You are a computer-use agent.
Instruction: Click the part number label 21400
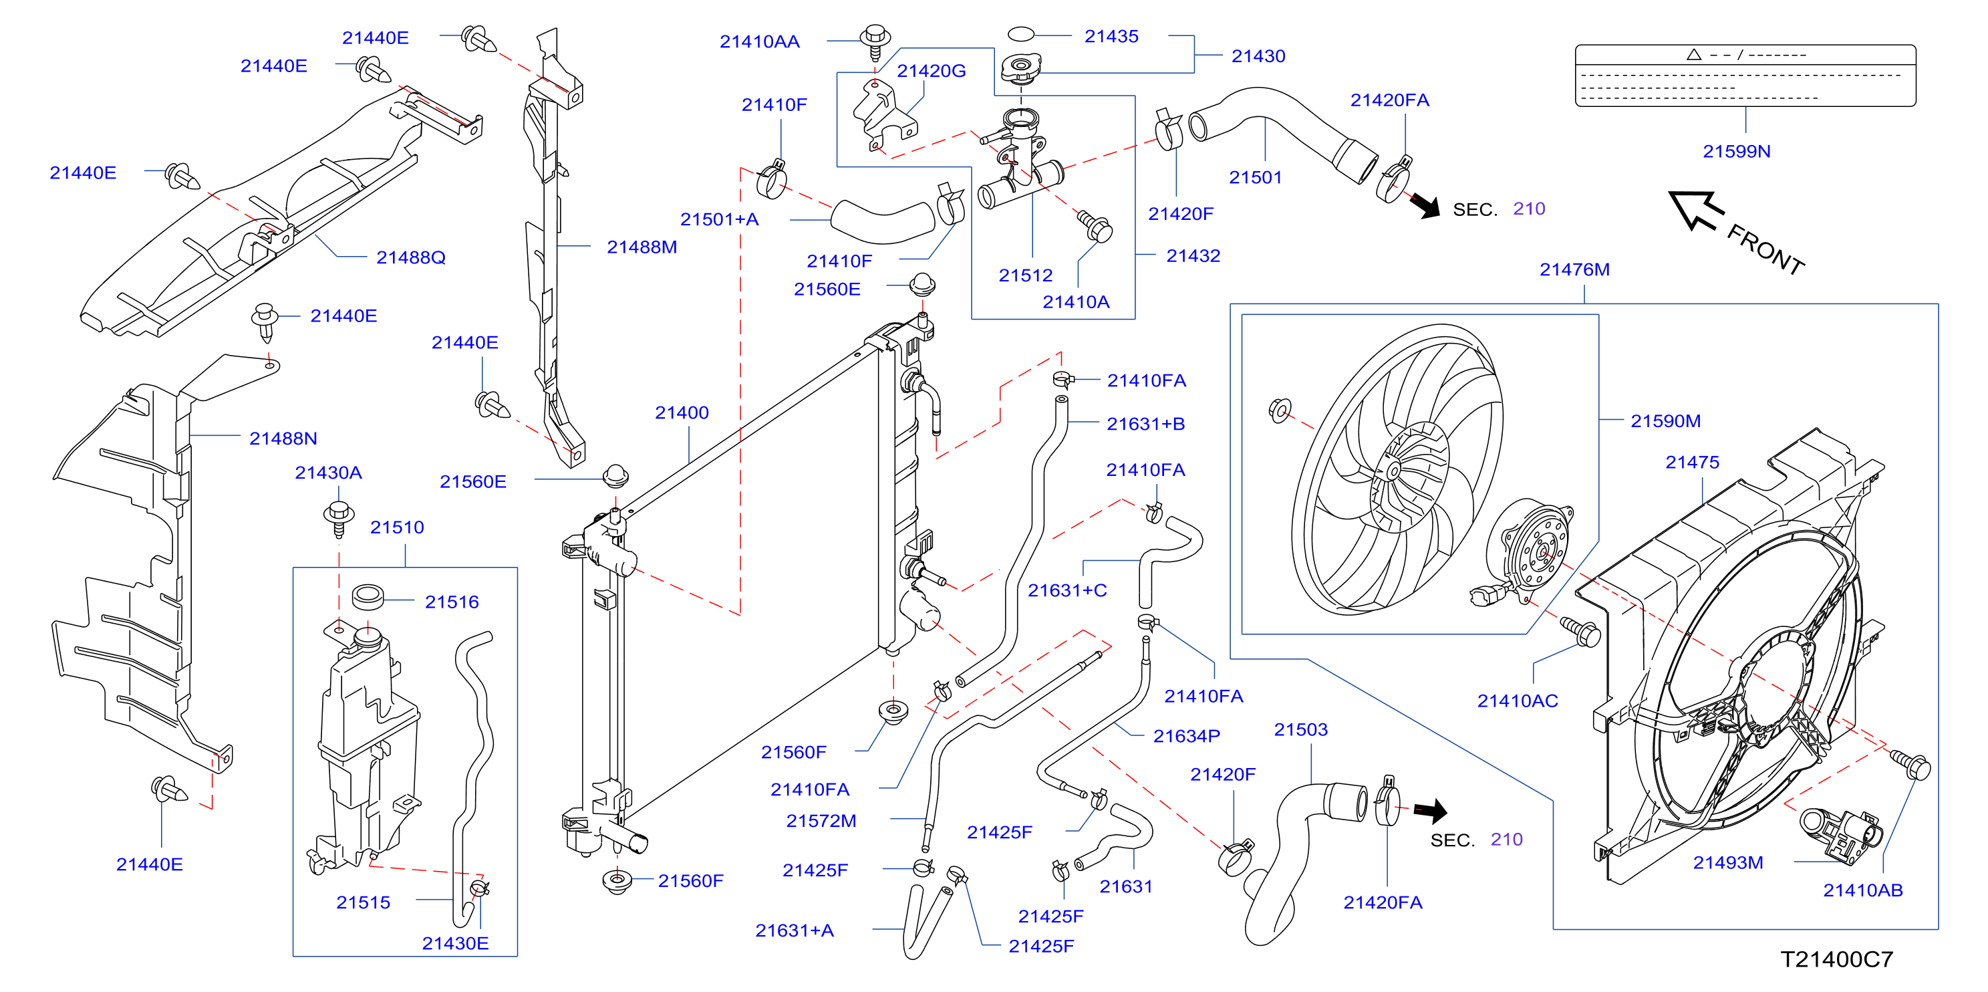click(682, 413)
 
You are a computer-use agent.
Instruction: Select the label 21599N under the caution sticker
click(1737, 151)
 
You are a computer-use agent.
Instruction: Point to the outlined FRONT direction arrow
click(1695, 210)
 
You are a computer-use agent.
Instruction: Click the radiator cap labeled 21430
click(1020, 68)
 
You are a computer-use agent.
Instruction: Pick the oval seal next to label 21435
click(1020, 34)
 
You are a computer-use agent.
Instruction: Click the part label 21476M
click(1574, 269)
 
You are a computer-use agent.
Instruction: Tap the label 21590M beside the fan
click(1665, 420)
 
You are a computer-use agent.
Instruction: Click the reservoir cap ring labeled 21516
click(368, 597)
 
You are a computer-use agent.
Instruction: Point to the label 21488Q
click(410, 257)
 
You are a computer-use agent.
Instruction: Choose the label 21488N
click(283, 439)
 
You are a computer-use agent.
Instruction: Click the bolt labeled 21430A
click(339, 518)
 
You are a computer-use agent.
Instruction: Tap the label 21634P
click(1186, 737)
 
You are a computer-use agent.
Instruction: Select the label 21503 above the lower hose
click(1300, 729)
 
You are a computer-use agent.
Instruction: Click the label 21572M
click(821, 821)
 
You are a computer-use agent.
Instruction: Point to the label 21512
click(1026, 275)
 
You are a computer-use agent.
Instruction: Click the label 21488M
click(642, 247)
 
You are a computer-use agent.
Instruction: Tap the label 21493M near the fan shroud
click(1728, 862)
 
